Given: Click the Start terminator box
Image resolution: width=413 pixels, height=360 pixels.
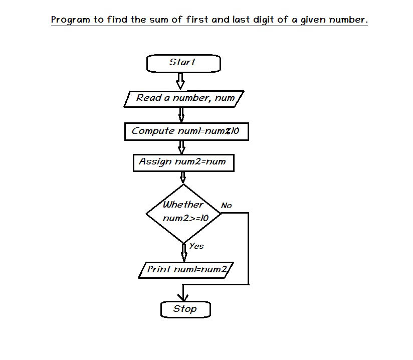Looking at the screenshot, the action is (x=183, y=63).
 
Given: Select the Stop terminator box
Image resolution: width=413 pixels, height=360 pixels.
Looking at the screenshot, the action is (x=185, y=309).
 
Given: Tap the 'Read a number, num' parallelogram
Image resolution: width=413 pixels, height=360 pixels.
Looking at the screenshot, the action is (x=184, y=99).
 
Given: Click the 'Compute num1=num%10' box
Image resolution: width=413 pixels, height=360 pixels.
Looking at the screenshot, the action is (x=186, y=131).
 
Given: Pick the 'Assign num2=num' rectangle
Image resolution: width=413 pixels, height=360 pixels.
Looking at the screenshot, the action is (x=183, y=163).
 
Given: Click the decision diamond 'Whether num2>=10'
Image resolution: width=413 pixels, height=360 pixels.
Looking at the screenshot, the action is (x=183, y=214).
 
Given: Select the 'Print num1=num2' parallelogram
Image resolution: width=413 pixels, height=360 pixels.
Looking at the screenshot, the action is (x=186, y=270).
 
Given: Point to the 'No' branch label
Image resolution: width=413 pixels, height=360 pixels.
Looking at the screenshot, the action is (x=226, y=205).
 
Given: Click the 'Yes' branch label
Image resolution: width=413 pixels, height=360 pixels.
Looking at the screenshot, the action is (x=196, y=246).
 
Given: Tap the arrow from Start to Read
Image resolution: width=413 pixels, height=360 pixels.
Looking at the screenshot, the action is (x=180, y=81).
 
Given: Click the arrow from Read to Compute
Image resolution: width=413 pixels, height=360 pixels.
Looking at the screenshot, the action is (x=181, y=115).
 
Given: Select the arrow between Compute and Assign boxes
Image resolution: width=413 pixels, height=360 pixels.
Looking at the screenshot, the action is (x=181, y=147).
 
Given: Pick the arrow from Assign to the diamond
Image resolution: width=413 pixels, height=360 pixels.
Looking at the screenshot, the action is (x=183, y=177).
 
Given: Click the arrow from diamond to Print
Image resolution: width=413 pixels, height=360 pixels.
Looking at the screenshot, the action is (x=184, y=253).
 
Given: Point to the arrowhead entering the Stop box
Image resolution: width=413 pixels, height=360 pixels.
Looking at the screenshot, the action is (x=183, y=298).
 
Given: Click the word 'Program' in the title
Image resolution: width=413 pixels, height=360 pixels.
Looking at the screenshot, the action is (x=70, y=20).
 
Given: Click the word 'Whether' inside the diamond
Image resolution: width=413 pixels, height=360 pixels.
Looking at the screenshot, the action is (x=183, y=204).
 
